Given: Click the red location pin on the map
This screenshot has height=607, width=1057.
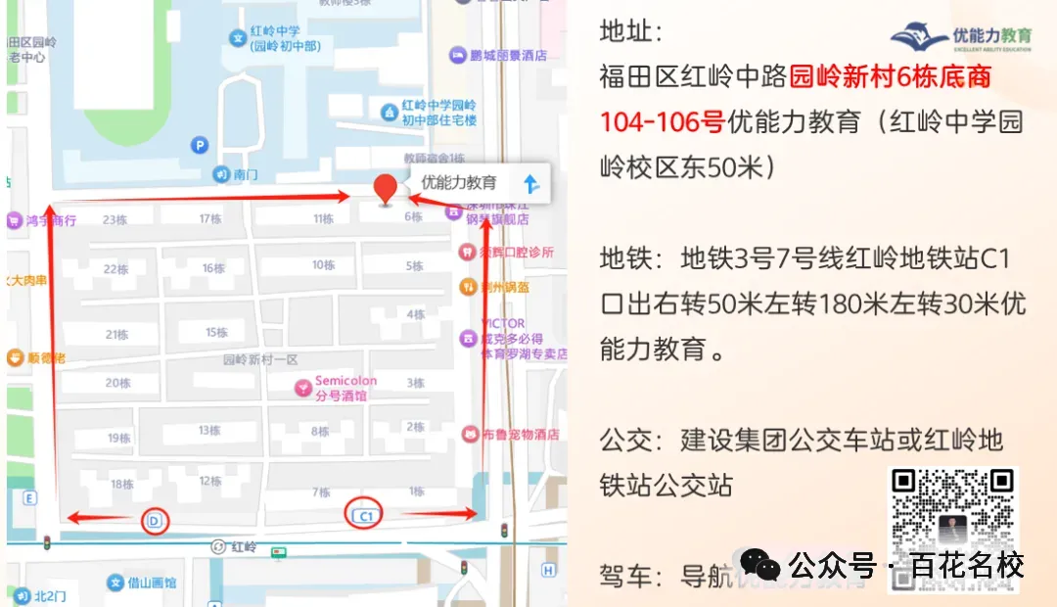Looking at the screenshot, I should pyautogui.click(x=387, y=187).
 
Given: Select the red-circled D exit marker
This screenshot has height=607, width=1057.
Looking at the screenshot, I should pyautogui.click(x=154, y=521).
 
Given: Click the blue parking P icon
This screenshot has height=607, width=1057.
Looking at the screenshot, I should pyautogui.click(x=200, y=146).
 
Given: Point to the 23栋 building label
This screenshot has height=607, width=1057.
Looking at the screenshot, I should pyautogui.click(x=115, y=220).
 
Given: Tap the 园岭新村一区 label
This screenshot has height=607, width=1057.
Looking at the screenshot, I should pyautogui.click(x=259, y=359).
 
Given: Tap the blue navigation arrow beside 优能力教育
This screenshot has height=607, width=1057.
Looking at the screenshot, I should pyautogui.click(x=531, y=183).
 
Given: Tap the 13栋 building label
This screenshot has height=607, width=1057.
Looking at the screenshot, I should pyautogui.click(x=209, y=431).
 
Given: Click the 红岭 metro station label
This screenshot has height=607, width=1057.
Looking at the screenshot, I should pyautogui.click(x=243, y=547).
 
